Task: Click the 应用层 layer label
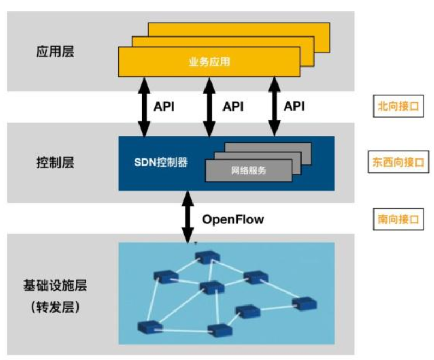tap(55, 52)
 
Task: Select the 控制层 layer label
tap(55, 163)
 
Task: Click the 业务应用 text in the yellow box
tap(209, 62)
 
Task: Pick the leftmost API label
tap(164, 107)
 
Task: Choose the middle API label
tap(233, 107)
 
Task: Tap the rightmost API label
tap(294, 107)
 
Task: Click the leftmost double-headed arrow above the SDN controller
tap(144, 106)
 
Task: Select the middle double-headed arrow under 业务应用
tap(209, 106)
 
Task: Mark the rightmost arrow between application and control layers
tap(274, 106)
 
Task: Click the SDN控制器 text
tap(161, 162)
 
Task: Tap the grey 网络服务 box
tap(248, 170)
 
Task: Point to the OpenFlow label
tap(233, 219)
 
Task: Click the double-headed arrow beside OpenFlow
tap(188, 217)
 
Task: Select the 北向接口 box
tap(398, 107)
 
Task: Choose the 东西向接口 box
tap(398, 162)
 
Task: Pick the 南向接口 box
tap(398, 219)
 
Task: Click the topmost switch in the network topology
tap(208, 257)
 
